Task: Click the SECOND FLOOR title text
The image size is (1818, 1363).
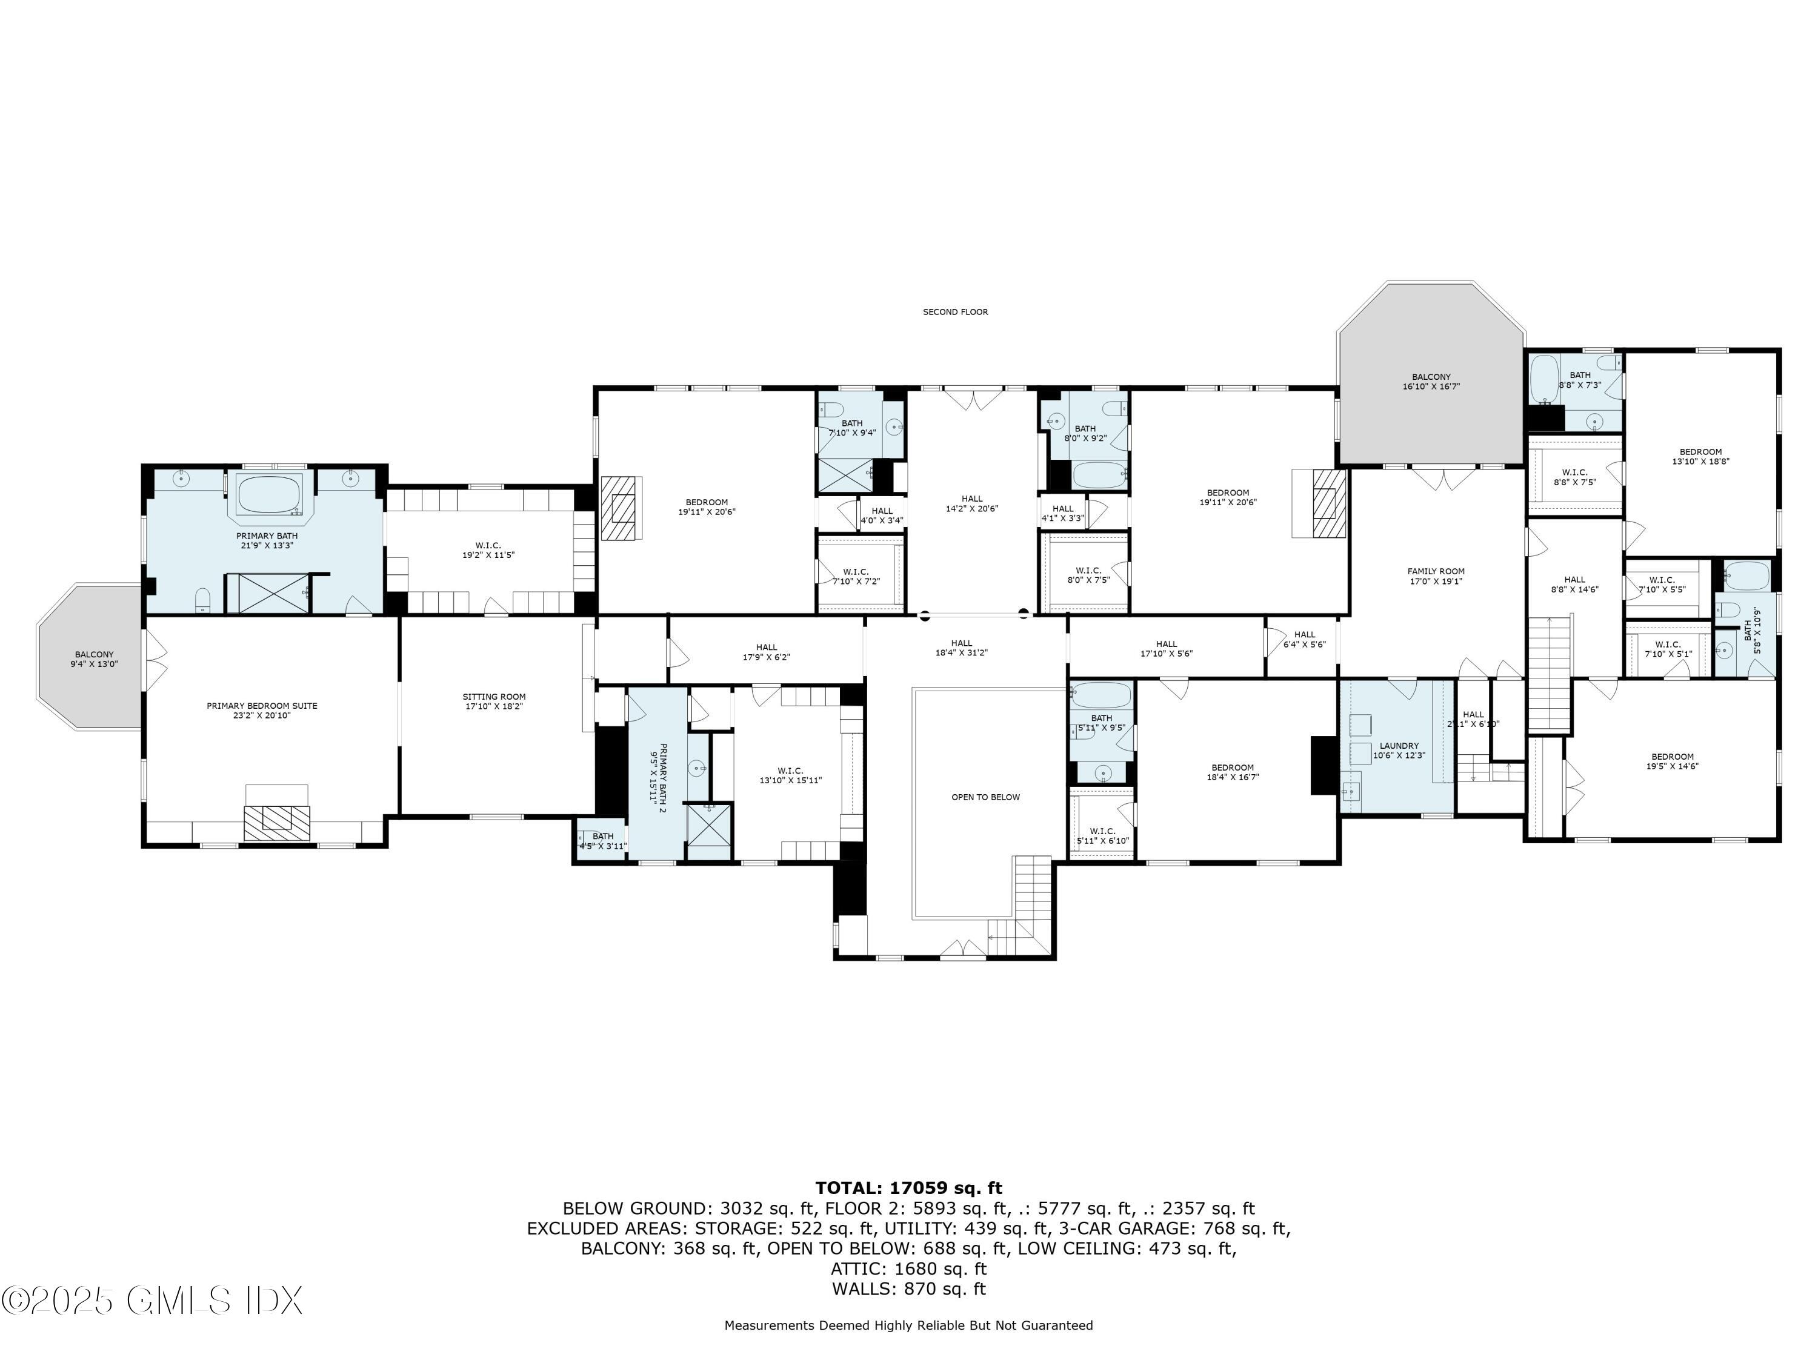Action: (x=954, y=312)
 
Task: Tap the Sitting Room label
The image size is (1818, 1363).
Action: (x=493, y=701)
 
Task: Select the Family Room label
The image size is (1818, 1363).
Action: (x=1435, y=576)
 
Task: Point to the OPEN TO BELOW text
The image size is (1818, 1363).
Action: (x=985, y=797)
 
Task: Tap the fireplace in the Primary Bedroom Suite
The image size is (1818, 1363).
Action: (x=276, y=819)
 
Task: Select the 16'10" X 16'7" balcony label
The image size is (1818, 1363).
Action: (x=1431, y=381)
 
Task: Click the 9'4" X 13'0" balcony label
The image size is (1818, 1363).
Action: (x=94, y=659)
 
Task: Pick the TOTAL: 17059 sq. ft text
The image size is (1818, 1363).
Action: (x=908, y=1188)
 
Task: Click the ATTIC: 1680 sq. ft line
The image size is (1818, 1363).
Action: (x=908, y=1268)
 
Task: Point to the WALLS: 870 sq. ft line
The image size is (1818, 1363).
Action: (x=908, y=1289)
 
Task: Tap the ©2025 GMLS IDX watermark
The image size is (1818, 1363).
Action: (x=152, y=1301)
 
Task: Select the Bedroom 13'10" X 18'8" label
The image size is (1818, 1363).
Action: (x=1700, y=457)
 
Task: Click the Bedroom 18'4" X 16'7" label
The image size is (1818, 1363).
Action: (x=1232, y=772)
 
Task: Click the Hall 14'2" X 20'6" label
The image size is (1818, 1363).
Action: (x=971, y=503)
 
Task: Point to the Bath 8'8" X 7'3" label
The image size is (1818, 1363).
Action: (x=1580, y=380)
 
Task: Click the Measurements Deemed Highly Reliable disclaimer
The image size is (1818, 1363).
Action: (x=908, y=1325)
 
